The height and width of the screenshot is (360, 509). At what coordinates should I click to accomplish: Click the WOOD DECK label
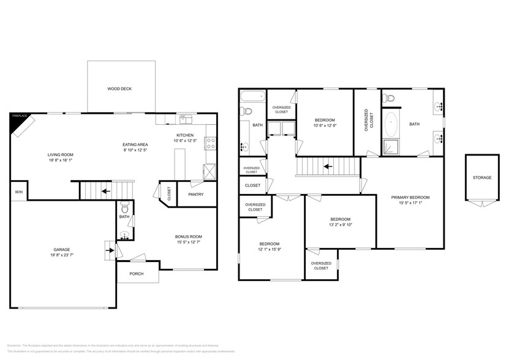(x=119, y=89)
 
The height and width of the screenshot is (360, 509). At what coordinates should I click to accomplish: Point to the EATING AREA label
(x=135, y=144)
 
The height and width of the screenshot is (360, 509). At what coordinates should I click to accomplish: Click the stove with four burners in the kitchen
(x=210, y=143)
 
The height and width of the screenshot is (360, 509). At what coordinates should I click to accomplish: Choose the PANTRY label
(x=195, y=195)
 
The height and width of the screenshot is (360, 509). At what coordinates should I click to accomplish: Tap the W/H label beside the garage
(x=18, y=192)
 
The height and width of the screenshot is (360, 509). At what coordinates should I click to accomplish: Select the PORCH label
(x=136, y=274)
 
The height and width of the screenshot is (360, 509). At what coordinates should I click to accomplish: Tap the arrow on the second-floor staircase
(x=328, y=165)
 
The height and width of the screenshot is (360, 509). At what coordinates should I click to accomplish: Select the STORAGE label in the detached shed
(x=481, y=178)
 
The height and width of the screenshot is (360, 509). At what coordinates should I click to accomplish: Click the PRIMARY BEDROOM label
(x=410, y=197)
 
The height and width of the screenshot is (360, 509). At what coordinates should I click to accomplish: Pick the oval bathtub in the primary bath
(x=391, y=126)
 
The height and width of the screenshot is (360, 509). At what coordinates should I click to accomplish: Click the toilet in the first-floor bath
(x=124, y=206)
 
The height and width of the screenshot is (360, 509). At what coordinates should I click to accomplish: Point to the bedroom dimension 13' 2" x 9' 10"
(x=340, y=225)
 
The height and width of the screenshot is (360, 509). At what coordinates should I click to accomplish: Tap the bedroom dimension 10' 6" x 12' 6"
(x=325, y=126)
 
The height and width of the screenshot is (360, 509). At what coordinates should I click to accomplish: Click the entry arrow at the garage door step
(x=110, y=249)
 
